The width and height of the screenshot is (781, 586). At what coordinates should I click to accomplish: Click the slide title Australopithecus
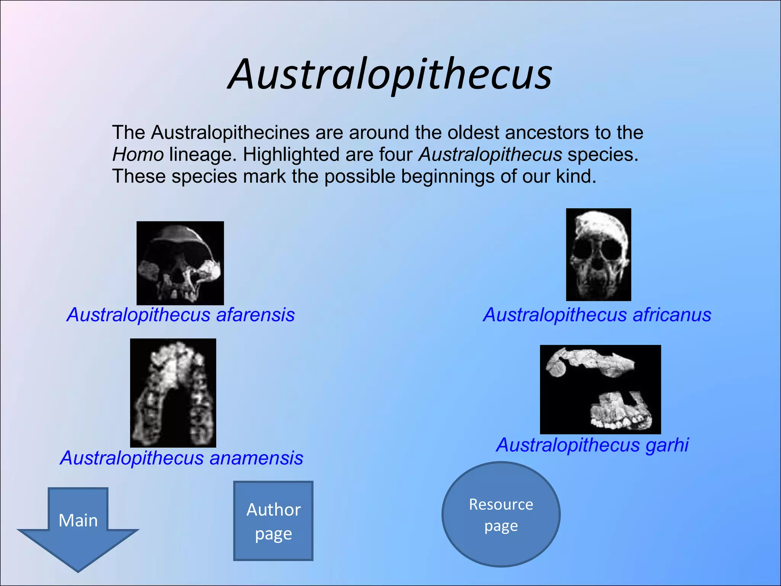click(390, 74)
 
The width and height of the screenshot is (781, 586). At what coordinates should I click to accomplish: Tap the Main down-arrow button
click(78, 526)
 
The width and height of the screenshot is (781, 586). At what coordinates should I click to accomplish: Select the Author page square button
click(273, 521)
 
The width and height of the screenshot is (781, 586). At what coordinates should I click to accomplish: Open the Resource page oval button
click(501, 514)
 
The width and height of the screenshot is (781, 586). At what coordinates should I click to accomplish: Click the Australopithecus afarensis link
click(181, 315)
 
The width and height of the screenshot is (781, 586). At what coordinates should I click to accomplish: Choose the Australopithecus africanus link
click(597, 315)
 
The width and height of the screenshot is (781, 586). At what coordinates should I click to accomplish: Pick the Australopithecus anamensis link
click(182, 458)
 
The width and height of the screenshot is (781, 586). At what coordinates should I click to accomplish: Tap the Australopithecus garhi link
click(592, 445)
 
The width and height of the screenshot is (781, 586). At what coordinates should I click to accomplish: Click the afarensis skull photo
click(180, 263)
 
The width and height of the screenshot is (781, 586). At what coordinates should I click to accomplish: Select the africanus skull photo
click(598, 254)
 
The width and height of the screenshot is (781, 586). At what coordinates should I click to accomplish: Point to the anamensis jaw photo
click(173, 393)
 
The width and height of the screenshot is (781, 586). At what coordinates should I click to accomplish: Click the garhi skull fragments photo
click(600, 389)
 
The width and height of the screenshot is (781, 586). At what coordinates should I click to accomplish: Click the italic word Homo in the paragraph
click(138, 155)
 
